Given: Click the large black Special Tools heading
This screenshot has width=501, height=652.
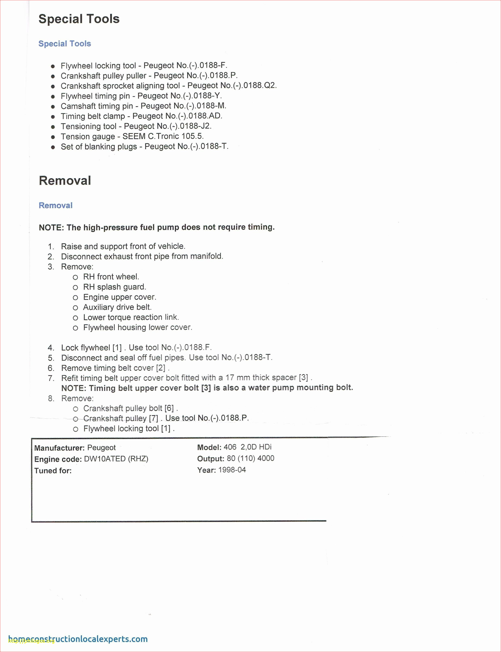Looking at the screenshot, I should tap(79, 19).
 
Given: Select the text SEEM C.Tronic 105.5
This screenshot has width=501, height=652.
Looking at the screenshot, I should tap(163, 136).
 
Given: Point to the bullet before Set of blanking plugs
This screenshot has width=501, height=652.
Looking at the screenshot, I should tap(53, 147).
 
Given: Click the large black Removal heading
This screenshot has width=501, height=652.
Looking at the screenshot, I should tap(65, 181).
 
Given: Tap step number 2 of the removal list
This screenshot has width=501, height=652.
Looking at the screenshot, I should tap(51, 257).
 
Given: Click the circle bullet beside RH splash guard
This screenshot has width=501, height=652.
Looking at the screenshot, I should tap(75, 288).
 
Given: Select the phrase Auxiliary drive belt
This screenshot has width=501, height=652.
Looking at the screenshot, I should tap(117, 307).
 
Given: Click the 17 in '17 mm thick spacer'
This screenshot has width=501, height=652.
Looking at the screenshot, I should tap(230, 378).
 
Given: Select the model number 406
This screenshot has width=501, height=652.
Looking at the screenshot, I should tap(230, 447).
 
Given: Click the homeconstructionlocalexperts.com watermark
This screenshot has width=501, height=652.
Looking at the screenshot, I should tap(78, 639).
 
